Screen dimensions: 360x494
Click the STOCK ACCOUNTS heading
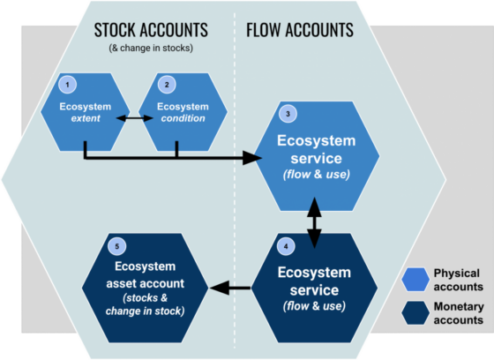(151, 30)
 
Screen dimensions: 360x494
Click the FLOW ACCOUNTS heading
(298, 30)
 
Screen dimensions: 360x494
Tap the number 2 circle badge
(165, 84)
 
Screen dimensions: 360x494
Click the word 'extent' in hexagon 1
(85, 119)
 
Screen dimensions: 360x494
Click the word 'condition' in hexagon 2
(183, 119)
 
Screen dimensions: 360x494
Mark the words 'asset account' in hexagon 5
(145, 283)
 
